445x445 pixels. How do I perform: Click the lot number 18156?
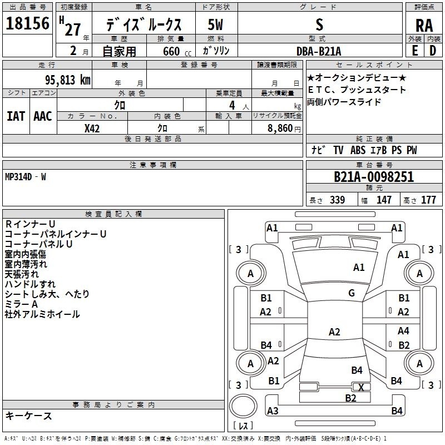coord(27,24)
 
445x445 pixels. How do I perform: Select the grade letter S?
coord(319,24)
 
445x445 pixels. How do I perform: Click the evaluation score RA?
coord(424,26)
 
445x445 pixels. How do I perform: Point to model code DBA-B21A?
coord(319,51)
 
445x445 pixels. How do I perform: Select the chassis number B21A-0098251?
coord(374,177)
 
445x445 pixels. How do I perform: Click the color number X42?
coord(92,128)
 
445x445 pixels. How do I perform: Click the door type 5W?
coord(216,24)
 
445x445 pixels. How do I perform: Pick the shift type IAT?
coord(16,116)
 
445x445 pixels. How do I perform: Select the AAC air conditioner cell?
coord(42,116)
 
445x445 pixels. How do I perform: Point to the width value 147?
coord(384,200)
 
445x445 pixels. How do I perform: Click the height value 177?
coord(428,200)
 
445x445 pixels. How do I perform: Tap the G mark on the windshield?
coord(352,293)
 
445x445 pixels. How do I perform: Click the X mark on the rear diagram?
coord(362,387)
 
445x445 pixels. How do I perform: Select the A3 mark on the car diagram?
coord(273,411)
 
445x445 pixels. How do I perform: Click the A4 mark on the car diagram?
coord(403,330)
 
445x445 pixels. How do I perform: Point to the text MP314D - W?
coord(26,177)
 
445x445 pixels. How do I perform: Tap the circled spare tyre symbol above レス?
coord(243,407)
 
